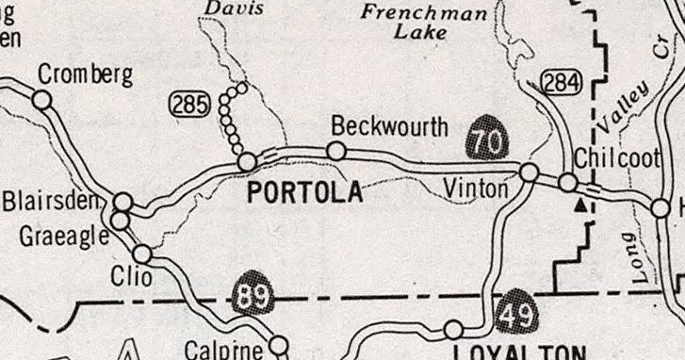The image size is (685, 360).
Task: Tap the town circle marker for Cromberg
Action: point(41,99)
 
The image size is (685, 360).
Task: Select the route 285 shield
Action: point(188,105)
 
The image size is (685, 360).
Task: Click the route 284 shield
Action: point(561,84)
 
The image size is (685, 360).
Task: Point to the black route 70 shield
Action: point(487,138)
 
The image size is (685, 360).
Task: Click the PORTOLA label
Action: point(304,193)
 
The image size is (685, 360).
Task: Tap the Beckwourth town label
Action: point(389,127)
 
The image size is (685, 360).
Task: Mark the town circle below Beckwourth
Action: point(335,151)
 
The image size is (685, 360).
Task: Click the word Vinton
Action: point(476,190)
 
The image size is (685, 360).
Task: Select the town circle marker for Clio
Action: point(142,254)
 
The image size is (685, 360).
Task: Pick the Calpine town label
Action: point(223,350)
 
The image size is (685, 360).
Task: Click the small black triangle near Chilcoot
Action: point(581,203)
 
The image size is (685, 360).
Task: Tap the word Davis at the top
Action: point(234,8)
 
